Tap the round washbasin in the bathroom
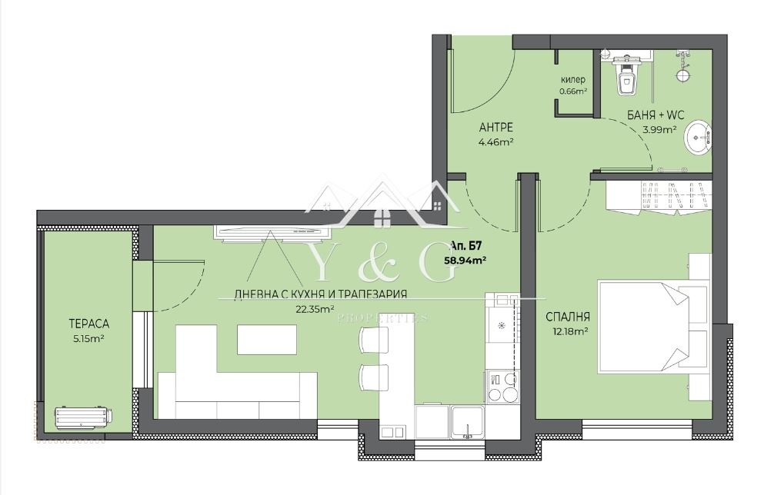(699, 138)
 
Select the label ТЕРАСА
(88, 324)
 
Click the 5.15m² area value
(88, 339)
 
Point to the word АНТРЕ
(496, 128)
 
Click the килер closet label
(573, 80)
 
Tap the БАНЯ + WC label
(656, 115)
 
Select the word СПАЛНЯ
(568, 317)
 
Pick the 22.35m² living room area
(315, 308)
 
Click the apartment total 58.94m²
(465, 260)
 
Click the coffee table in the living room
(267, 339)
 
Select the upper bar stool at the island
(374, 339)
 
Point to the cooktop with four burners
(502, 387)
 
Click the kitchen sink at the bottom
(467, 422)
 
